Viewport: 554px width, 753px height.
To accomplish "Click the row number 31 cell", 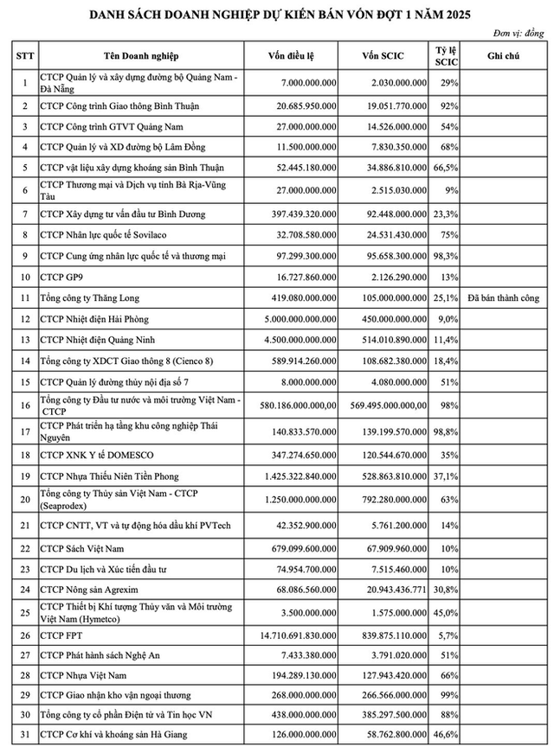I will click(24, 735).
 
